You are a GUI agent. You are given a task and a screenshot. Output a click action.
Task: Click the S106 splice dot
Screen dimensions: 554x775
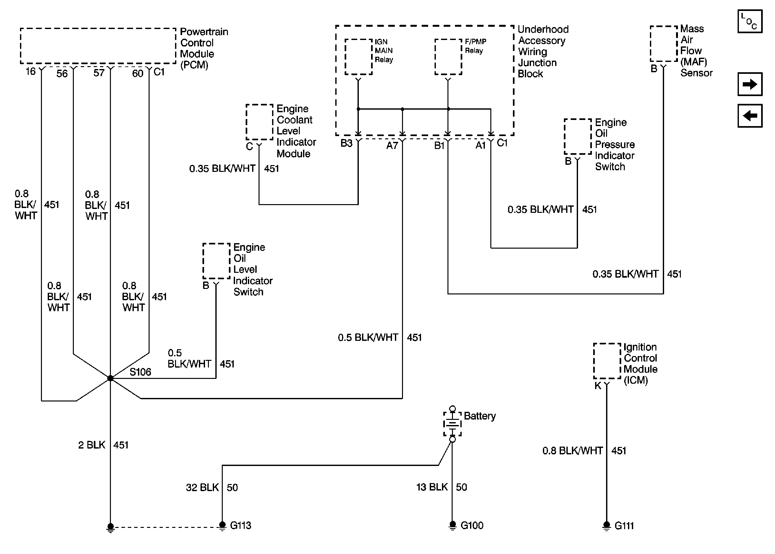pyautogui.click(x=110, y=378)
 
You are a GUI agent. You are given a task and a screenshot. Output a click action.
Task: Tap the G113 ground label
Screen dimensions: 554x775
pyautogui.click(x=240, y=525)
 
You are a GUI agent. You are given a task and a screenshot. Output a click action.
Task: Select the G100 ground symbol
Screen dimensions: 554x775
pyautogui.click(x=452, y=525)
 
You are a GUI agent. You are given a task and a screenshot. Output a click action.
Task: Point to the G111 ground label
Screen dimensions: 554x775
pyautogui.click(x=624, y=526)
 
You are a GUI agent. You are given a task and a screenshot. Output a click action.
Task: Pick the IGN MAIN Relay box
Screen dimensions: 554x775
pyautogui.click(x=358, y=57)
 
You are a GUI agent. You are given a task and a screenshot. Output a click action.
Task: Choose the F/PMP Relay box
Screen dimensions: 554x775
pyautogui.click(x=448, y=57)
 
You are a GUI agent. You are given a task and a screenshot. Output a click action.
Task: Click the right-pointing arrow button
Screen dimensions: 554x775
pyautogui.click(x=750, y=84)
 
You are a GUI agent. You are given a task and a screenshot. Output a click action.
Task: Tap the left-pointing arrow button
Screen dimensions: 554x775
pyautogui.click(x=750, y=116)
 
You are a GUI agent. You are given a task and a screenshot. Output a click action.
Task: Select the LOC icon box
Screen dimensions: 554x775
pyautogui.click(x=750, y=21)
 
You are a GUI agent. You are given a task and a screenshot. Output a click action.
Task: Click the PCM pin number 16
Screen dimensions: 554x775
pyautogui.click(x=31, y=71)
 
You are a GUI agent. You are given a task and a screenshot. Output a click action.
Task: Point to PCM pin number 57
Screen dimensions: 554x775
pyautogui.click(x=99, y=73)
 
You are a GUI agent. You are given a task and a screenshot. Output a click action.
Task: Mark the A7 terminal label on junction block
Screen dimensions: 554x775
pyautogui.click(x=392, y=146)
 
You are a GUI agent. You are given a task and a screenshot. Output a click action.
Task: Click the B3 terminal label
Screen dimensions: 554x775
pyautogui.click(x=347, y=143)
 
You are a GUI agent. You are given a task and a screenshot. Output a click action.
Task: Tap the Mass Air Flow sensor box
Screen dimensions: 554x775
pyautogui.click(x=663, y=44)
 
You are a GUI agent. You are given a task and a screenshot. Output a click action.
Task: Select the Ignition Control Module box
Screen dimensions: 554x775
pyautogui.click(x=607, y=361)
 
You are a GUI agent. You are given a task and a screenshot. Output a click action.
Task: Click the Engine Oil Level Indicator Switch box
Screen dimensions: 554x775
pyautogui.click(x=216, y=261)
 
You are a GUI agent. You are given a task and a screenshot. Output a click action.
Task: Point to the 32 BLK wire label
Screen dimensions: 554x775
pyautogui.click(x=202, y=487)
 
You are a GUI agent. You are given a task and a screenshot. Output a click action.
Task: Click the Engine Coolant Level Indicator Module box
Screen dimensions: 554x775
pyautogui.click(x=259, y=122)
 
